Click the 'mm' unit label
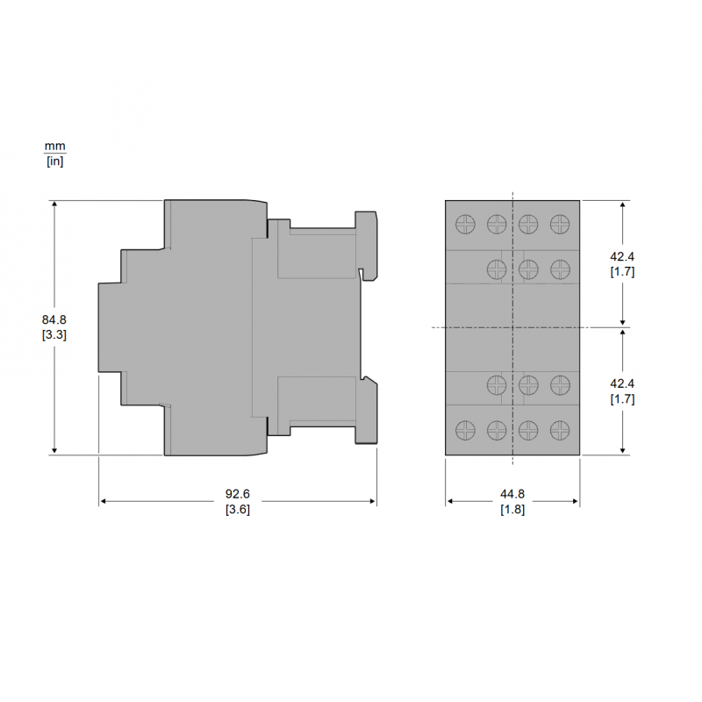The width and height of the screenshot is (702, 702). coord(55,146)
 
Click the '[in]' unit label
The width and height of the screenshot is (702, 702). coord(55,161)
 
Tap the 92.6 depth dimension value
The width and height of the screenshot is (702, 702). coord(237,495)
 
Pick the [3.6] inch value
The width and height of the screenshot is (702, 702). coord(237,510)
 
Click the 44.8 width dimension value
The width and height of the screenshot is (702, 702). coord(512,495)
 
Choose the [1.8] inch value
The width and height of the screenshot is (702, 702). coord(512,510)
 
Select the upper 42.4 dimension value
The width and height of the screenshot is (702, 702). coord(622,256)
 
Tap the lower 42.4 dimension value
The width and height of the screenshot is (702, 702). coord(622,383)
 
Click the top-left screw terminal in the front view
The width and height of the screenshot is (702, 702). coord(465,224)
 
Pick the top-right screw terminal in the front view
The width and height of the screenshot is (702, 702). coord(560,224)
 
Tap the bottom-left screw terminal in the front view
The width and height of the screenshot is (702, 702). coord(465,430)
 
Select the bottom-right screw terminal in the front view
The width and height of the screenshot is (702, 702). coord(560,430)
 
